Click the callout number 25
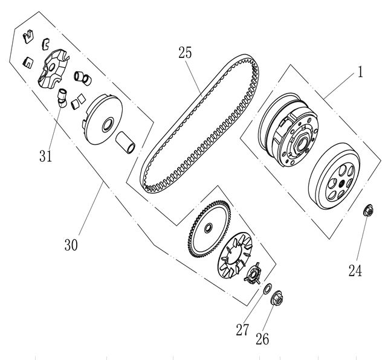[x=185, y=53]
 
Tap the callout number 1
[x=359, y=73]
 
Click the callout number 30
[x=72, y=246]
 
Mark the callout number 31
[x=46, y=156]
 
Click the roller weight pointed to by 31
[x=61, y=98]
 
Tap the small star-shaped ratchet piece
[x=253, y=272]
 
